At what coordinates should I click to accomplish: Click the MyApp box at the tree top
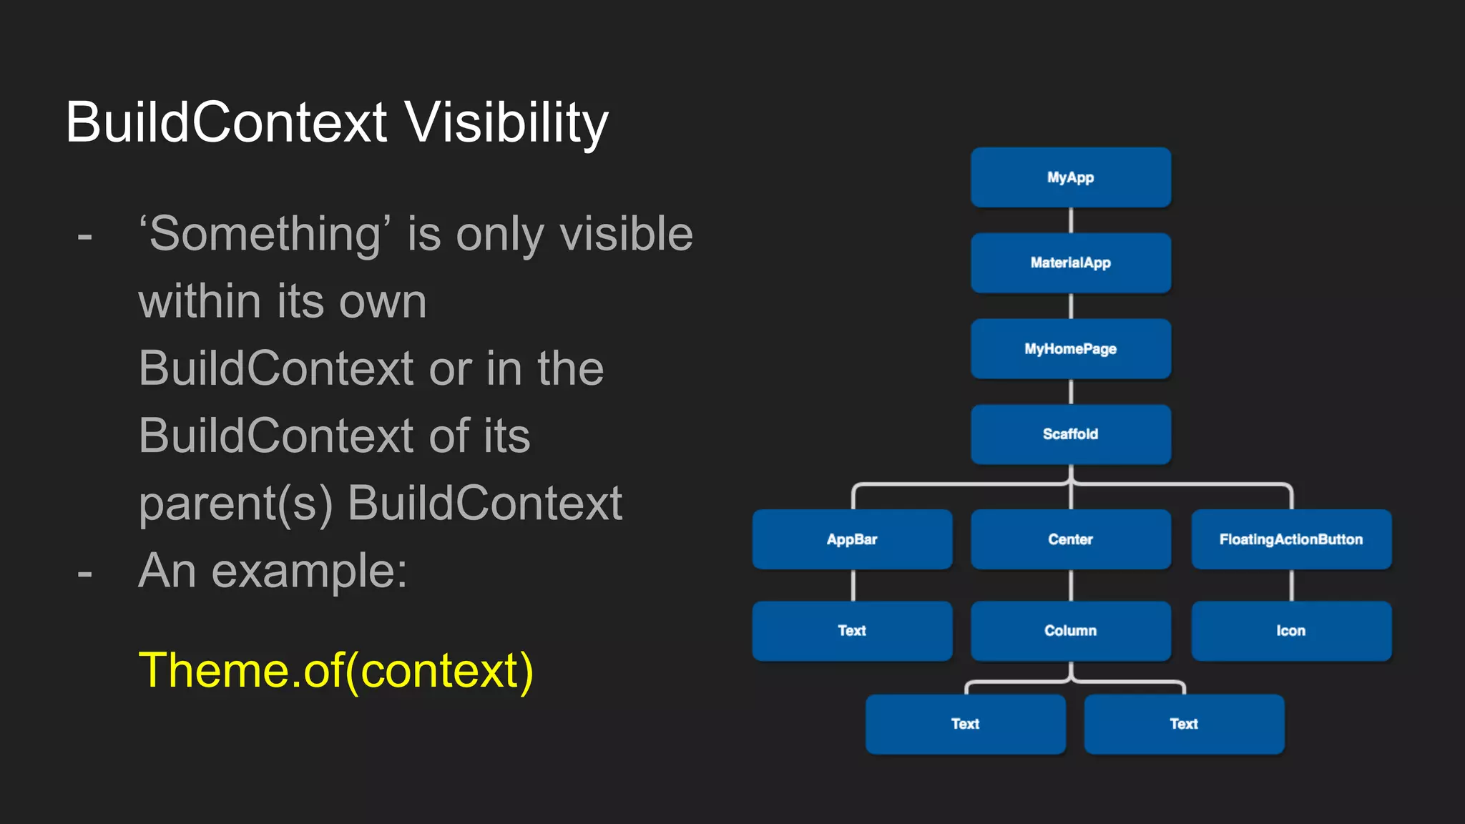click(1070, 177)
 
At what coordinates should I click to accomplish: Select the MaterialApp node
click(1070, 263)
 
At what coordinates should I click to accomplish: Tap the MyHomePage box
click(1070, 348)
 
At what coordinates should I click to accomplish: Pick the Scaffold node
click(1070, 434)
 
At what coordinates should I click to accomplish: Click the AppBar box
click(852, 539)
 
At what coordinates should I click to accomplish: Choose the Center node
click(1070, 539)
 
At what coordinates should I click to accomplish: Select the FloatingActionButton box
click(1290, 539)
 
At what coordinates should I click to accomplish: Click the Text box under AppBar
click(852, 631)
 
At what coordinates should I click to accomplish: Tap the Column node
click(1070, 631)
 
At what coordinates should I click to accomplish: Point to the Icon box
click(1290, 631)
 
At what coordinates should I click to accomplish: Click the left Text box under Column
click(965, 724)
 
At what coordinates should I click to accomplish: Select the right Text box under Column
click(1184, 724)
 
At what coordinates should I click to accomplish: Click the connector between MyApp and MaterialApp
click(1071, 220)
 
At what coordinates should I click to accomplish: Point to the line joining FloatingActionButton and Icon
click(1291, 585)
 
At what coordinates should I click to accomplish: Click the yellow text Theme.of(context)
click(335, 671)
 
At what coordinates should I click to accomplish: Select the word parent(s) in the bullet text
click(236, 504)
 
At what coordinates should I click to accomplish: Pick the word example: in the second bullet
click(309, 572)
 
